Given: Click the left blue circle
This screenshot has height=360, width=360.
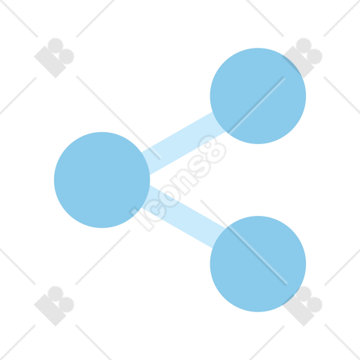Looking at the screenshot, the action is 102,180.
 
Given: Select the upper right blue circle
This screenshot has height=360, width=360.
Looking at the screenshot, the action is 258,96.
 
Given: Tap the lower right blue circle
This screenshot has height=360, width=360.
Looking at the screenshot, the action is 258,264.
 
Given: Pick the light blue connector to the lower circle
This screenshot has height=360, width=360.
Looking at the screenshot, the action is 184,217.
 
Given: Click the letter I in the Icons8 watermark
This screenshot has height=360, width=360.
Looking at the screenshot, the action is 141,219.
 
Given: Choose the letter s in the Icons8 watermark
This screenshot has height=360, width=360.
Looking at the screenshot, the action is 199,164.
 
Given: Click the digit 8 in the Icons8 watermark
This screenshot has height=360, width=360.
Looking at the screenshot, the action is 213,149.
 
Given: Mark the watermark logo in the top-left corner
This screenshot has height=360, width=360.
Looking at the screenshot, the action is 54,58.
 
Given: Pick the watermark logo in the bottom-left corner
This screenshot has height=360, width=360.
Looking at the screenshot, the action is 54,306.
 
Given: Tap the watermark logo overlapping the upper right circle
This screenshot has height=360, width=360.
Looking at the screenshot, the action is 302,58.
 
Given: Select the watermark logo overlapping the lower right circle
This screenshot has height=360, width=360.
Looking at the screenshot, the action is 302,306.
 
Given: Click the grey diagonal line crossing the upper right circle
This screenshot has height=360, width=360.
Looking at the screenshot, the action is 256,105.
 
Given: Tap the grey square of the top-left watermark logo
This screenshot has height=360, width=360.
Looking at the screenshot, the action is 50,62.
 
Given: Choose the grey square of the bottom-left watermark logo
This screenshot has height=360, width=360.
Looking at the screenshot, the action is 50,310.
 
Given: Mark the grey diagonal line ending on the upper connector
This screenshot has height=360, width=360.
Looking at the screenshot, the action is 119,117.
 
